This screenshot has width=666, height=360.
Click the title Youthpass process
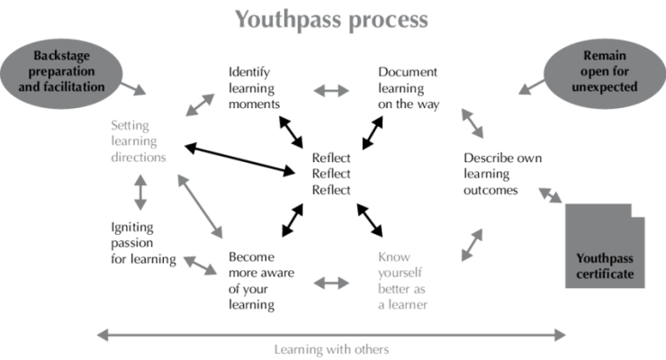(333, 19)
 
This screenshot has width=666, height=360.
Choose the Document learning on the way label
(407, 86)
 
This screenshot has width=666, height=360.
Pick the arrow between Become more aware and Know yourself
(331, 283)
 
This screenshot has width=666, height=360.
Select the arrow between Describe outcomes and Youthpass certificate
(550, 193)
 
